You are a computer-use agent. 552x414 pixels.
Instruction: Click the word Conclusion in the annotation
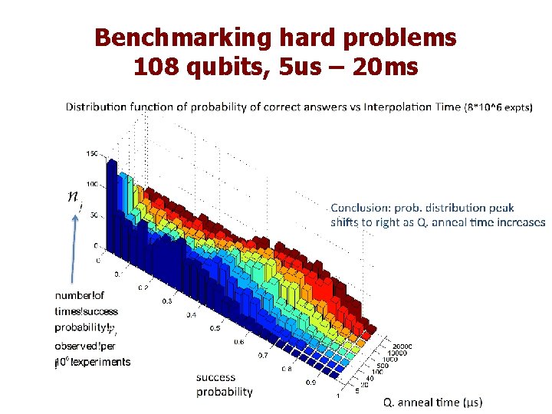click(x=362, y=208)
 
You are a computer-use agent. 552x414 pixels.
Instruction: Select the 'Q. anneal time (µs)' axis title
click(x=433, y=402)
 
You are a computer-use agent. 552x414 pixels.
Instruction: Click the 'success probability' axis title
click(x=224, y=384)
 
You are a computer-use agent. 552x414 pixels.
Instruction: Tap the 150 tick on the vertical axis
click(x=92, y=153)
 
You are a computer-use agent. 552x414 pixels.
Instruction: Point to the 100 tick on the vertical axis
click(x=92, y=184)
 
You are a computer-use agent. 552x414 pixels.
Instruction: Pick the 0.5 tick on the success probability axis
click(x=215, y=328)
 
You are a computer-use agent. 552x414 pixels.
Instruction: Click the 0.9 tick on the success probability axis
click(x=311, y=382)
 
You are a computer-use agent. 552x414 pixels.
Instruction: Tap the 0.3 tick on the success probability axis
click(x=167, y=301)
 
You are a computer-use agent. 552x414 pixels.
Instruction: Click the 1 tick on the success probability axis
click(x=339, y=396)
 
